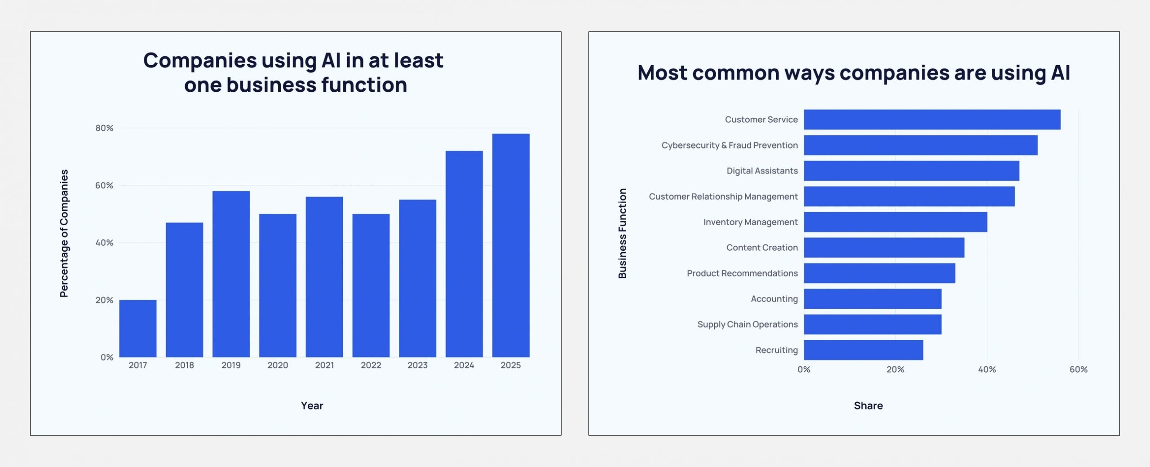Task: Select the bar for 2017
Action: [138, 329]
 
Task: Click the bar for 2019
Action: [231, 274]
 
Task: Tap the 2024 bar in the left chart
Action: [464, 254]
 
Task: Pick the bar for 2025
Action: [511, 245]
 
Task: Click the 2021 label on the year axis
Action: [324, 365]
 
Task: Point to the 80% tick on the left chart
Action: [104, 128]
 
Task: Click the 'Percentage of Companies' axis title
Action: [64, 233]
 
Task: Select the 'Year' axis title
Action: [312, 406]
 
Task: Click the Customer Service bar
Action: [932, 120]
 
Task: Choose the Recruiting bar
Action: [863, 350]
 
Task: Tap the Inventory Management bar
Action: [895, 222]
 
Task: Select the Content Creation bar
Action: [884, 248]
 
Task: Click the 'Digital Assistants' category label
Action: [762, 171]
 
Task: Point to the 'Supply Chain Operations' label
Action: [747, 325]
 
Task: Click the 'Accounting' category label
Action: [774, 299]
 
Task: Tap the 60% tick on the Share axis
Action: [1078, 369]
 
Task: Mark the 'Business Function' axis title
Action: [622, 233]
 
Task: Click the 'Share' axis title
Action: [868, 406]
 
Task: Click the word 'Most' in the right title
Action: [662, 73]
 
